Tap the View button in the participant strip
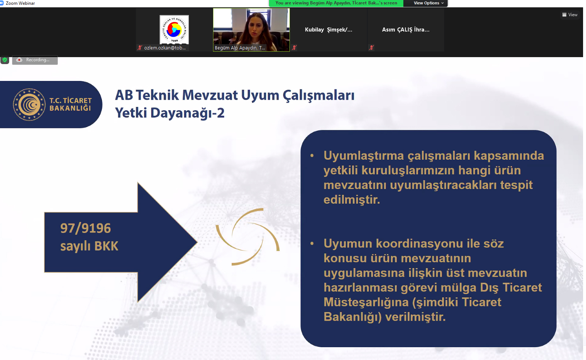click(570, 15)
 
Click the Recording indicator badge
click(35, 60)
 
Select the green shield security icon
click(5, 60)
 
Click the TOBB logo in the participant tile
click(174, 30)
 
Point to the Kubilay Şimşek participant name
click(328, 30)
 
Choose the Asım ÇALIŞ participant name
click(406, 30)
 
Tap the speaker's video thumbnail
click(251, 30)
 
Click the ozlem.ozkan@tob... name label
click(165, 48)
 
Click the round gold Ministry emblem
click(29, 104)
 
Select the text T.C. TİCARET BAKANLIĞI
click(70, 104)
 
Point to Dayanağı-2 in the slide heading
click(187, 113)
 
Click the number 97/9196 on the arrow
click(86, 228)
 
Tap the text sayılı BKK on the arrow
click(89, 246)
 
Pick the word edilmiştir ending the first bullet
click(352, 200)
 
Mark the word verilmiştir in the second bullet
click(415, 317)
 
